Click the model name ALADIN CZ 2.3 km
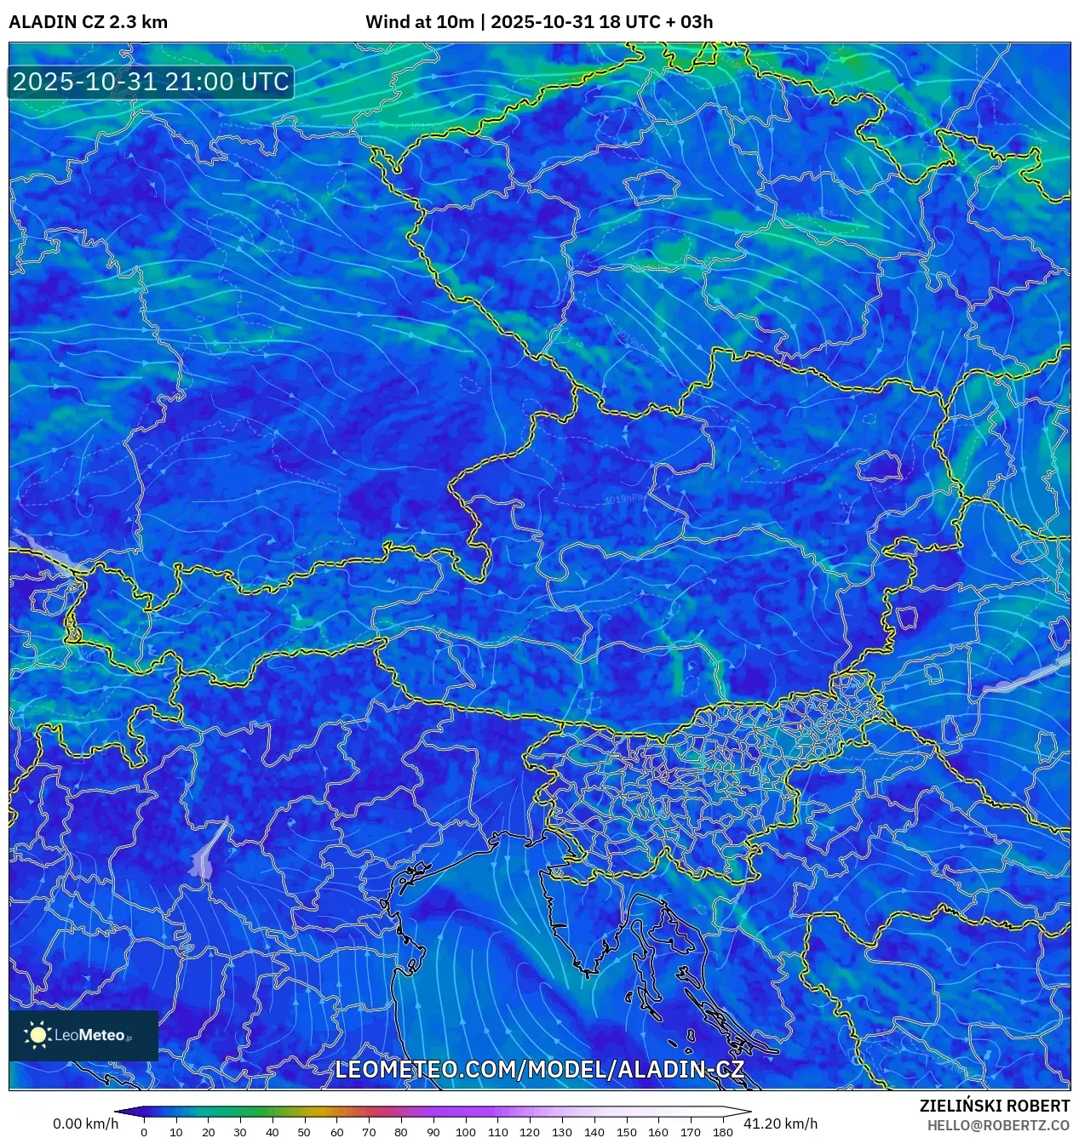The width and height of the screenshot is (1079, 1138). tap(88, 22)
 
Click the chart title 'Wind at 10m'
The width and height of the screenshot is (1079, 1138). tap(419, 22)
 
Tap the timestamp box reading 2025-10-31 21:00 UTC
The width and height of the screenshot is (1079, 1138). tap(151, 82)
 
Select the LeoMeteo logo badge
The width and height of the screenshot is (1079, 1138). tap(83, 1035)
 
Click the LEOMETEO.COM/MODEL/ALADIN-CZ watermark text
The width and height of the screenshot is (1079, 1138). tap(539, 1070)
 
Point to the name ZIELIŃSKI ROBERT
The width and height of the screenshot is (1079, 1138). tap(994, 1106)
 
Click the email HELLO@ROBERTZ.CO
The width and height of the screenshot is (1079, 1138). tap(998, 1125)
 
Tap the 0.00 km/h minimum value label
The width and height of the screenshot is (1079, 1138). tap(85, 1124)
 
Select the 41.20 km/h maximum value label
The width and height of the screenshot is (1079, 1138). tap(780, 1124)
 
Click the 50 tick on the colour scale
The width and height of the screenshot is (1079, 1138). tap(304, 1131)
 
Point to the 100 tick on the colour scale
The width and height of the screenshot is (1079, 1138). tap(465, 1131)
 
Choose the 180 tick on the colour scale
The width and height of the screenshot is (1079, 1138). tap(722, 1131)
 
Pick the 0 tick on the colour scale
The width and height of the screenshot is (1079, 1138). tap(144, 1131)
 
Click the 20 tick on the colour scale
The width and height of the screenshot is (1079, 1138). tap(208, 1131)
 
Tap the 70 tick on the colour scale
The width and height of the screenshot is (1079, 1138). tap(369, 1131)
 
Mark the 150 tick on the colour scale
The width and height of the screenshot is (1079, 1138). tap(626, 1131)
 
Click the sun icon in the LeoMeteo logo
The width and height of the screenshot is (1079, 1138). tap(38, 1035)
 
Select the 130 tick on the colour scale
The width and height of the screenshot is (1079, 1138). tap(561, 1131)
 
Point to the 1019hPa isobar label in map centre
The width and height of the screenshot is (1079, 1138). tap(624, 499)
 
